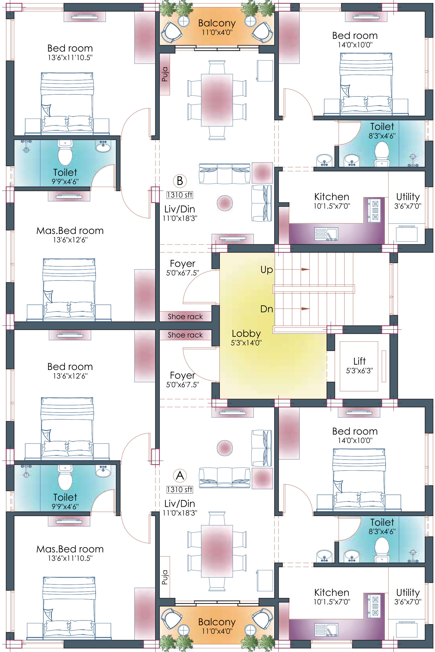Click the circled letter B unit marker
click(x=180, y=181)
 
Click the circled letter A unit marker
click(x=180, y=475)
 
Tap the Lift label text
click(x=359, y=361)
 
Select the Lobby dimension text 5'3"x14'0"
click(x=246, y=343)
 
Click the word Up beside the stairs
click(x=266, y=269)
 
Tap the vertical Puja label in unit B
click(x=164, y=74)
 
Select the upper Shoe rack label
click(x=185, y=317)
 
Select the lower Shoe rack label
click(x=185, y=335)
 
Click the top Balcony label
click(x=217, y=23)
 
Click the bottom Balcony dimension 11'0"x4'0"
click(x=217, y=631)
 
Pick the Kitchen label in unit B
click(x=332, y=197)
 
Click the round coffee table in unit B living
click(x=224, y=203)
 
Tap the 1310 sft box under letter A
click(x=179, y=489)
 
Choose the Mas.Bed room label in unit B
click(x=70, y=231)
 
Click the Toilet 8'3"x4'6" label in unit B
click(x=382, y=130)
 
